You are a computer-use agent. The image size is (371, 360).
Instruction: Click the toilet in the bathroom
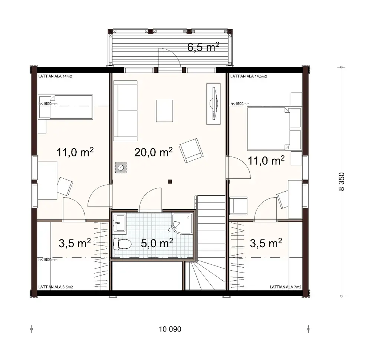pyautogui.click(x=122, y=244)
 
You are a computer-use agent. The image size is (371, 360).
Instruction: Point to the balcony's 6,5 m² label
pyautogui.click(x=203, y=48)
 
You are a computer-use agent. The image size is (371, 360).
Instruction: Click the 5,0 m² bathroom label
pyautogui.click(x=157, y=243)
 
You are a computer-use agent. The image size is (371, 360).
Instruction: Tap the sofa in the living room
pyautogui.click(x=125, y=113)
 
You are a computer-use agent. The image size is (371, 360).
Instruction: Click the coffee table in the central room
pyautogui.click(x=164, y=110)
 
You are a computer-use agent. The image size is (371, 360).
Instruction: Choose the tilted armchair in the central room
pyautogui.click(x=191, y=150)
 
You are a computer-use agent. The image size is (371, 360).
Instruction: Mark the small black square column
pyautogui.click(x=170, y=181)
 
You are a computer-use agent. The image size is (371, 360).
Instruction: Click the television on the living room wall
pyautogui.click(x=214, y=103)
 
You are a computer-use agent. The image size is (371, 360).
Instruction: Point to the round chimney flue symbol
pyautogui.click(x=121, y=168)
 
